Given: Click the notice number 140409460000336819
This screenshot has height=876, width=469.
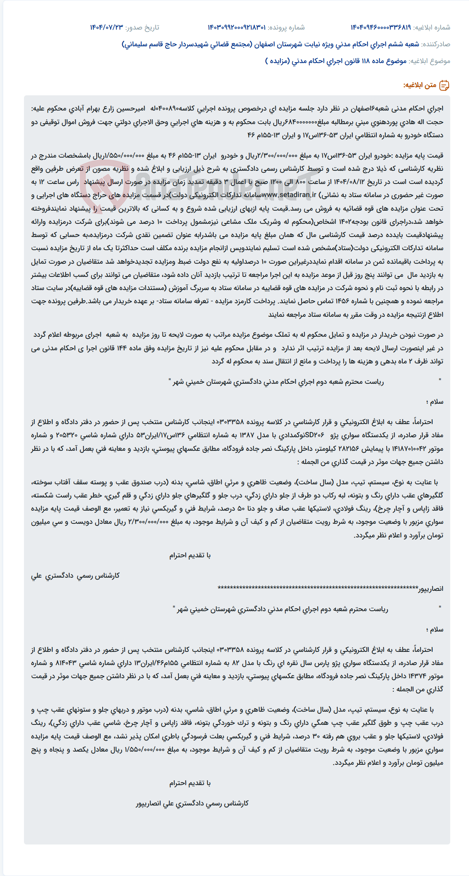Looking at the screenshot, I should coord(380,28).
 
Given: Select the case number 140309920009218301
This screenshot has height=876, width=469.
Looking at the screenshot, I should coord(236,28).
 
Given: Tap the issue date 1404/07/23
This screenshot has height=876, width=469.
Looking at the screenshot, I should coord(107,28).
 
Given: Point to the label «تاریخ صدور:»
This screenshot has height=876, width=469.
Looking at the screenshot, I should coord(142,28).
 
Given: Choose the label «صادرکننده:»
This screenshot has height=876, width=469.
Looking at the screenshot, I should coord(436,44).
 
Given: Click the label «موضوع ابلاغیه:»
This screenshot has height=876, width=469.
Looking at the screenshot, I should coord(430,61).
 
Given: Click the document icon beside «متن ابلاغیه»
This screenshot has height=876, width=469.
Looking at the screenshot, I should coord(444,85).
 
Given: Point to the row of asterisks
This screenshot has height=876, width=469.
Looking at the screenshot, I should coord(318,588).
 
